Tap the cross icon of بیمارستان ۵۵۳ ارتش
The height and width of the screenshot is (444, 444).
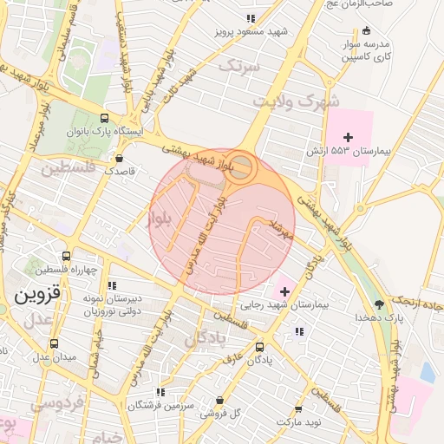coord(349,137)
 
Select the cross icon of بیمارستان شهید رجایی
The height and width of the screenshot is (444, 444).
coord(285,291)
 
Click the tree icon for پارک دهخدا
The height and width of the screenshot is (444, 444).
coord(379,304)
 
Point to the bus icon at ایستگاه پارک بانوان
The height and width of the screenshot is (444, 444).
coord(105,118)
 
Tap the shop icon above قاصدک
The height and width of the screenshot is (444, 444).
coord(120,158)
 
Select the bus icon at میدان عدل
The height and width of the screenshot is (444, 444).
coord(55,343)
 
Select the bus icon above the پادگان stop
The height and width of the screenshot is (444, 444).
coord(259,346)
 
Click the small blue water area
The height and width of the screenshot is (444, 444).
coord(427,372)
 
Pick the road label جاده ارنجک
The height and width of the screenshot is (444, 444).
coord(420,303)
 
